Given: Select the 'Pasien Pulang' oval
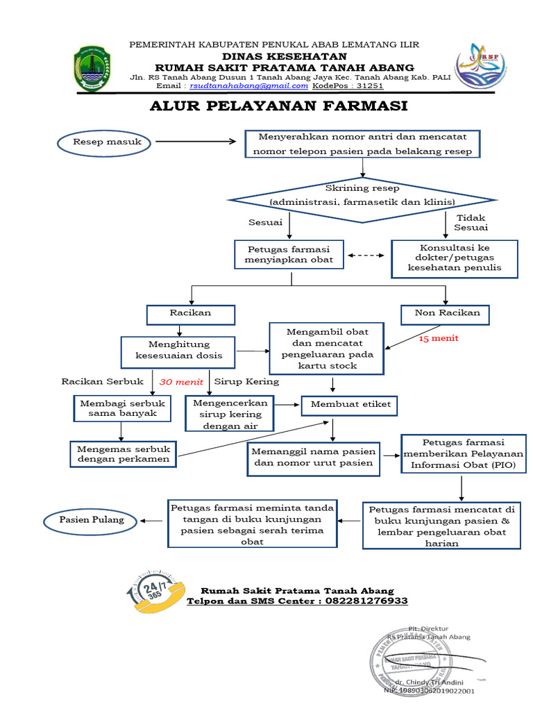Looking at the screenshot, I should pos(91,519).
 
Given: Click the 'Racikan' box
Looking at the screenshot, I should pos(190,314).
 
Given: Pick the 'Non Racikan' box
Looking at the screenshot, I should pos(445,314).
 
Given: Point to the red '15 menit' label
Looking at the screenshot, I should pos(439,339).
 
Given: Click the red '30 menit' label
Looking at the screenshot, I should pos(181,382).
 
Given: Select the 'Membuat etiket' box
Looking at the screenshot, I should pos(350,404).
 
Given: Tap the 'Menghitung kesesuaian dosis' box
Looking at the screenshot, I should pos(179,350).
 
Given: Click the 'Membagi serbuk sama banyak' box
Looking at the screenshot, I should pos(123,408).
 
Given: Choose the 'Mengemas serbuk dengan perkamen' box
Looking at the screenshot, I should pos(124,454).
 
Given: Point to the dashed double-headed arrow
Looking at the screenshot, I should pos(366,256).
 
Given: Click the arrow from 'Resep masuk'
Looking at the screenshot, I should pos(196,142).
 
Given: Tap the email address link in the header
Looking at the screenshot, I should pos(249,86).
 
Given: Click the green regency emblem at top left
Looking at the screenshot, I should pos(91,68).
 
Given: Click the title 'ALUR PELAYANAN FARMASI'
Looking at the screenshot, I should pos(279,106).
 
